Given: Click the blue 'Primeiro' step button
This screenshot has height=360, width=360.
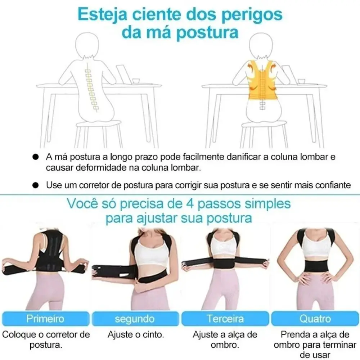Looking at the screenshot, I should click(x=45, y=319).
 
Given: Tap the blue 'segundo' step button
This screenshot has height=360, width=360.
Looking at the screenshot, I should click(x=135, y=319).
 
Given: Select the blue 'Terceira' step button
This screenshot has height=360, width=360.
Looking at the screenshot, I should click(x=225, y=319).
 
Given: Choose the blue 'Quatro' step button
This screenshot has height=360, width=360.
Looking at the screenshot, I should click(x=315, y=319).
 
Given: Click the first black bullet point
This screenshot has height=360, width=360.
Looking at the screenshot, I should click(x=35, y=158).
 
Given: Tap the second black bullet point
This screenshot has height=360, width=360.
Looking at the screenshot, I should click(x=35, y=185).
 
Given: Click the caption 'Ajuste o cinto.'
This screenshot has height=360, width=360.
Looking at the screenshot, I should click(x=136, y=334).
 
